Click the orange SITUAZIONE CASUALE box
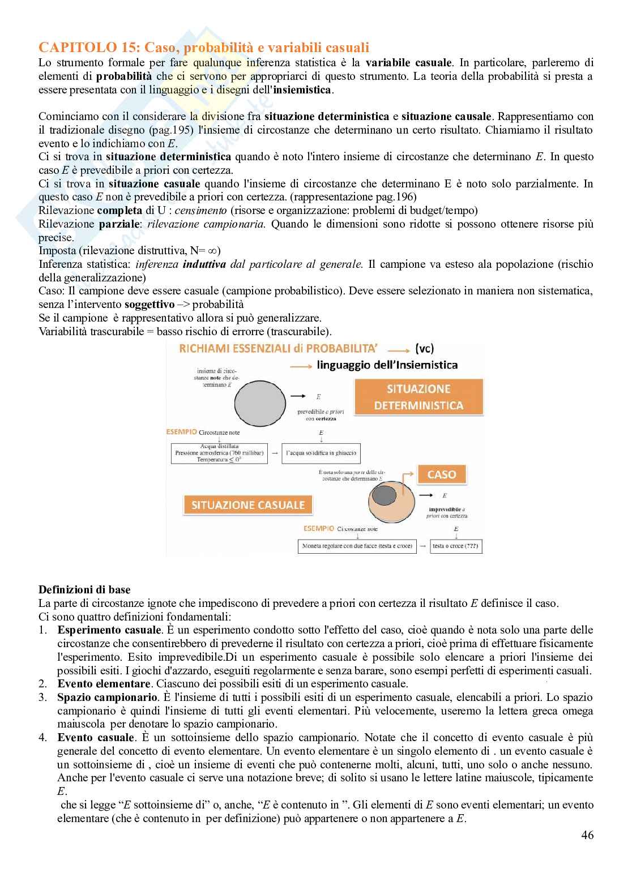click(248, 505)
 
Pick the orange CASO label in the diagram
click(442, 474)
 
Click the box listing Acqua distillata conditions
click(219, 453)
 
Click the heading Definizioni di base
click(84, 590)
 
